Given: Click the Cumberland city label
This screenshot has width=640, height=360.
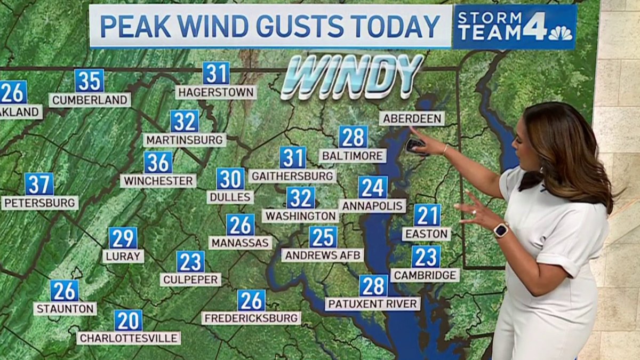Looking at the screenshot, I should [x=90, y=100].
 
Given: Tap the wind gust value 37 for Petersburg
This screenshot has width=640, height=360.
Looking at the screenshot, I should [x=39, y=184].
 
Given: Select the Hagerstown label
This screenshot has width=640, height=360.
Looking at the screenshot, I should [x=215, y=92].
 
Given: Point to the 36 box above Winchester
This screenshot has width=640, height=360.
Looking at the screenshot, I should [x=158, y=162].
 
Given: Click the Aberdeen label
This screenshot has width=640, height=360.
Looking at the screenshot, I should [x=411, y=118].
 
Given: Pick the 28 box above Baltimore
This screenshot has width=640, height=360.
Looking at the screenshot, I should [x=353, y=137].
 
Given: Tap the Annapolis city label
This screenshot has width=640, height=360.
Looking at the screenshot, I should [x=372, y=206].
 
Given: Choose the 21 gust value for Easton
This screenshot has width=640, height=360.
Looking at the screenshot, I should [x=427, y=215].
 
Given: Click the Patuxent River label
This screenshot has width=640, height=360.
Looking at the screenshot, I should [x=372, y=304].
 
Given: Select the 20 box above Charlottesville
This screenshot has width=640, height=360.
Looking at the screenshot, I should [x=128, y=321].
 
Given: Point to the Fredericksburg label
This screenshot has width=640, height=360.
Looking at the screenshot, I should [x=251, y=318].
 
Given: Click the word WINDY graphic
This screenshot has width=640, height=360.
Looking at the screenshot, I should [x=352, y=76].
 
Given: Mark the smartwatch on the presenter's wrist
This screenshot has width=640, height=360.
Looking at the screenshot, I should [x=501, y=230].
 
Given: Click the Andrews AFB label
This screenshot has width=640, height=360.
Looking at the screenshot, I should [x=323, y=255].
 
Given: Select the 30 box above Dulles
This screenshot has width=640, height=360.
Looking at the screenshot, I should [x=230, y=179].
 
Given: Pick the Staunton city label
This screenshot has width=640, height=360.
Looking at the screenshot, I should [x=65, y=309].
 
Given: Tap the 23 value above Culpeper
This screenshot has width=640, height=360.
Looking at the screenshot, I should [x=190, y=262].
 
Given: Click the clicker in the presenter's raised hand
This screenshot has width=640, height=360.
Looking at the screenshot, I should [x=415, y=145].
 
